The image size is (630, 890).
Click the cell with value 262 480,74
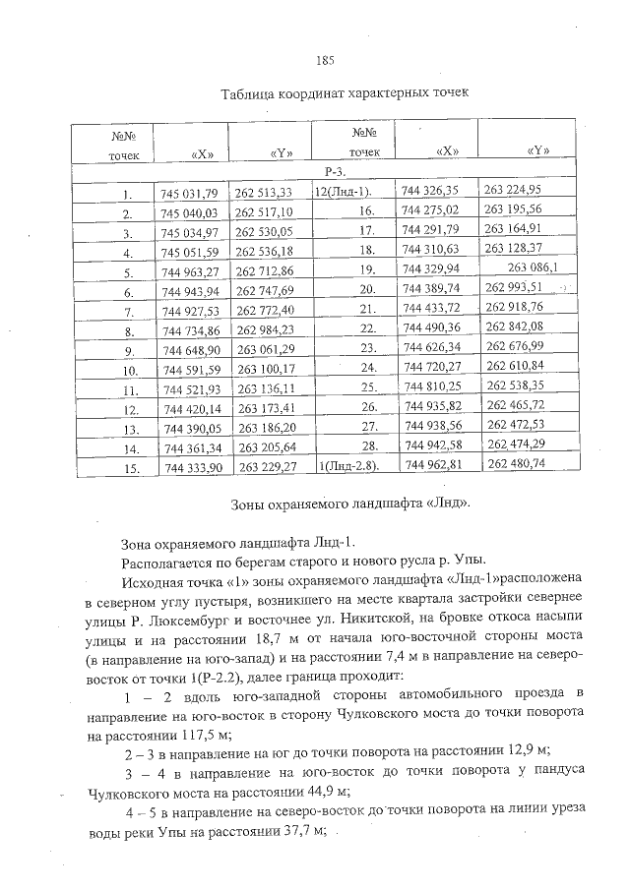516,463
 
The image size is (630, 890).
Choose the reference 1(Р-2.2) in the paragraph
224,678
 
